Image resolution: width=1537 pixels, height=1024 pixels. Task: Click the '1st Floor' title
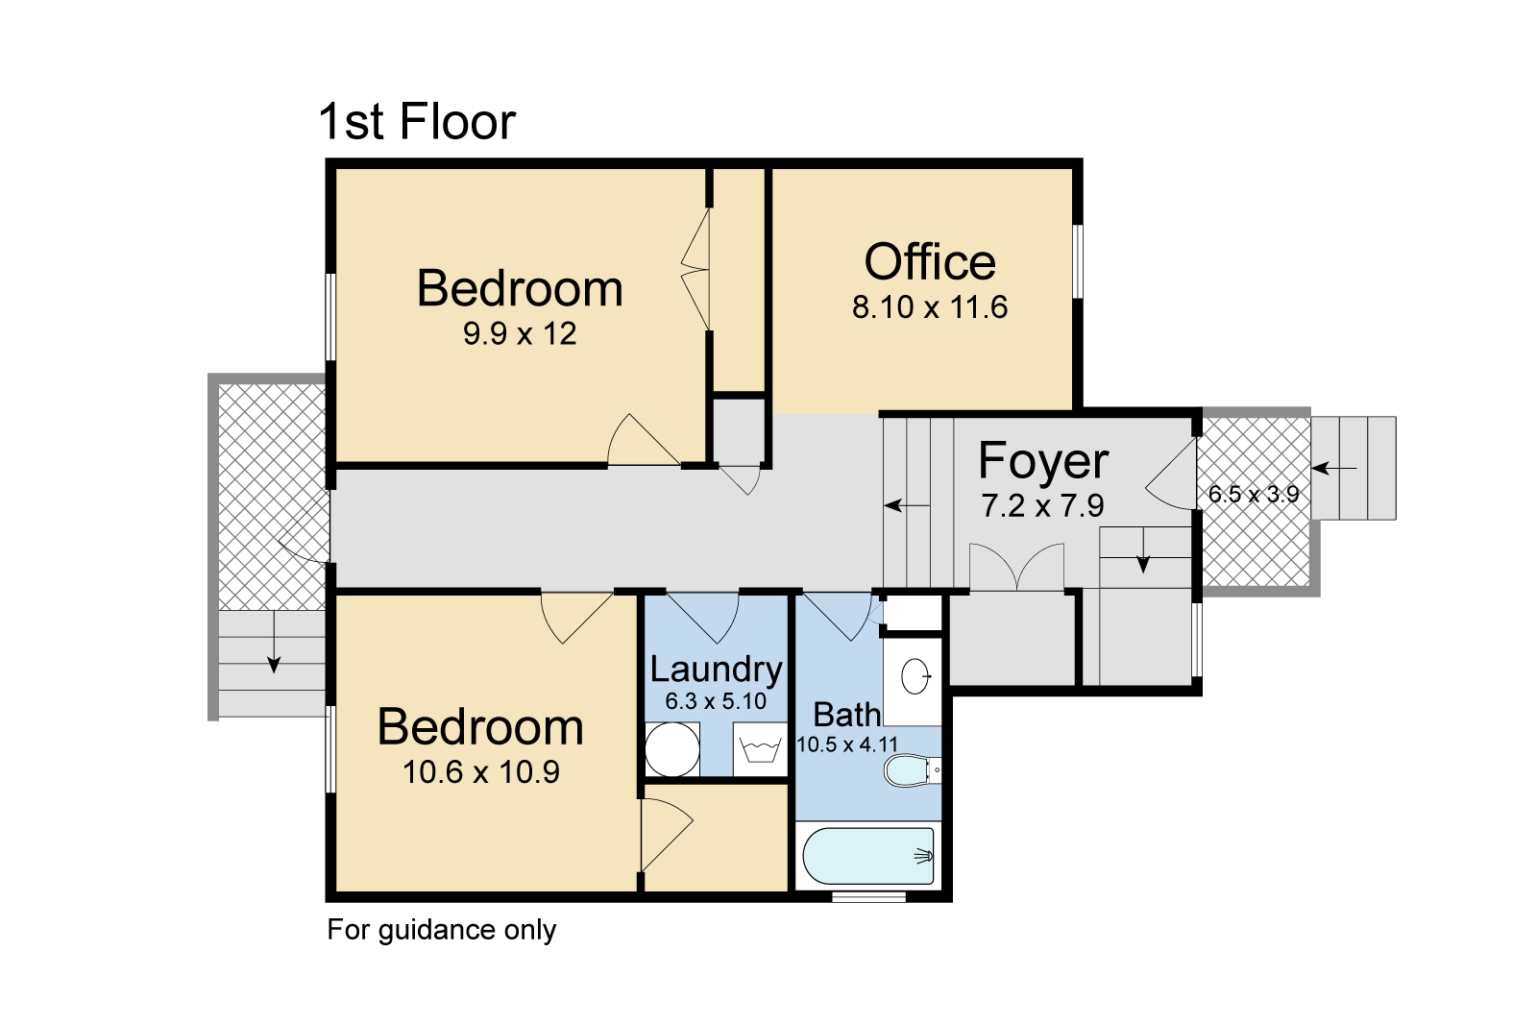[x=417, y=121]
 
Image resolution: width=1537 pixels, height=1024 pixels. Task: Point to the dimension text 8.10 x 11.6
[x=930, y=306]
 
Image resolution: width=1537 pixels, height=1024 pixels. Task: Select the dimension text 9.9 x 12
[x=520, y=333]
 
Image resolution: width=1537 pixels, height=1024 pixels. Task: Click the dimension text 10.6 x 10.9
[x=481, y=772]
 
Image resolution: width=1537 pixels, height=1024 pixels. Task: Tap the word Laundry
[x=717, y=670]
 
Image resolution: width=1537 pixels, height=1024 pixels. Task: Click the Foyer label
[x=1043, y=461]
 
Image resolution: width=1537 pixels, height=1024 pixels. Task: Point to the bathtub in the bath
[x=868, y=856]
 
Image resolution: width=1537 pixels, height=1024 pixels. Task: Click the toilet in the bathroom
[x=912, y=770]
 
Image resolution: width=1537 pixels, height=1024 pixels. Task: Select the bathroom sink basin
[x=915, y=676]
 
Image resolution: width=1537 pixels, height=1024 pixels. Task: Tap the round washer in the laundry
[x=672, y=749]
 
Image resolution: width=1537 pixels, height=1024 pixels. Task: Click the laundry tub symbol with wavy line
[x=760, y=749]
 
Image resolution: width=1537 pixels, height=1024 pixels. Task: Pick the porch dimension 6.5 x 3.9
[x=1254, y=494]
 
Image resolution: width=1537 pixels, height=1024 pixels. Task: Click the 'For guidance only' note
[x=441, y=930]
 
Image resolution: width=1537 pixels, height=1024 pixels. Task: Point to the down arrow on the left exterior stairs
[x=275, y=641]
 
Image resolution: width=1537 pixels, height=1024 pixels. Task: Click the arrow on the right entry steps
[x=1334, y=469]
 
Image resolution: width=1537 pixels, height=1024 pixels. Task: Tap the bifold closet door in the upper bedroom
[x=695, y=269]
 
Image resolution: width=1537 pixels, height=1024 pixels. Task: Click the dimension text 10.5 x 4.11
[x=847, y=744]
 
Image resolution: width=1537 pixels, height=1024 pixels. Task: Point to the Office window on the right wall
[x=1078, y=261]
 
